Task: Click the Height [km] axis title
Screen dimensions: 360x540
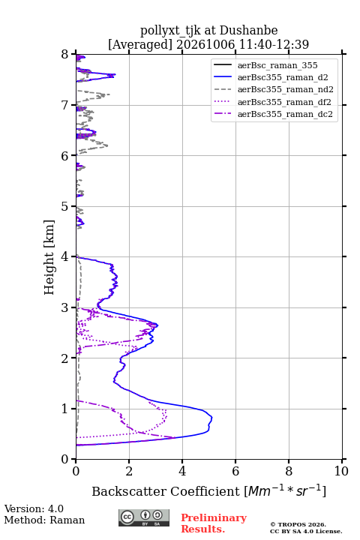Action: tap(49, 257)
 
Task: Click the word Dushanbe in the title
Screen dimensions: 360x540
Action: tap(248, 31)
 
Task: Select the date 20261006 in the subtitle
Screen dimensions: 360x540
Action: tap(205, 44)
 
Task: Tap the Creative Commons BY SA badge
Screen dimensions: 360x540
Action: tap(144, 518)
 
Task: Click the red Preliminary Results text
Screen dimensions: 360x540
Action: tap(214, 523)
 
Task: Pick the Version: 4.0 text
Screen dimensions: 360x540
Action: tap(34, 509)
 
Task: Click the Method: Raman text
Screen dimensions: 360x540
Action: tap(44, 520)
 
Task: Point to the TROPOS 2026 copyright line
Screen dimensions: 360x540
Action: tap(298, 524)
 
